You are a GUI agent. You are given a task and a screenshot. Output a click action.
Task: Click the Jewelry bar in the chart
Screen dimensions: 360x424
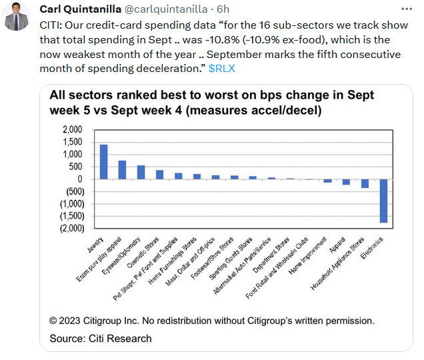103,161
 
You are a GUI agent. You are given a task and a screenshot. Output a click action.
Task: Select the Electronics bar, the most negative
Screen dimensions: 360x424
384,201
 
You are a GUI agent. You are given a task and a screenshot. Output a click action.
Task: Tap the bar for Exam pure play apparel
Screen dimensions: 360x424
122,169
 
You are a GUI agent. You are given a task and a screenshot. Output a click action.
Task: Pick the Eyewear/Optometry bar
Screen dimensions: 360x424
141,172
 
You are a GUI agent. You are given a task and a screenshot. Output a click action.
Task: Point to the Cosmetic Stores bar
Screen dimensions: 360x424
159,175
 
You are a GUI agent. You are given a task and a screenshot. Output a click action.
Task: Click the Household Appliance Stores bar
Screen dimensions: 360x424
365,183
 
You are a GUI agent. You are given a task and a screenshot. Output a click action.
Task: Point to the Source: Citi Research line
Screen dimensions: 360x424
100,339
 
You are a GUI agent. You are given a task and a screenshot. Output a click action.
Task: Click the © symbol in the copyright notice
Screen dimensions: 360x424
53,321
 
